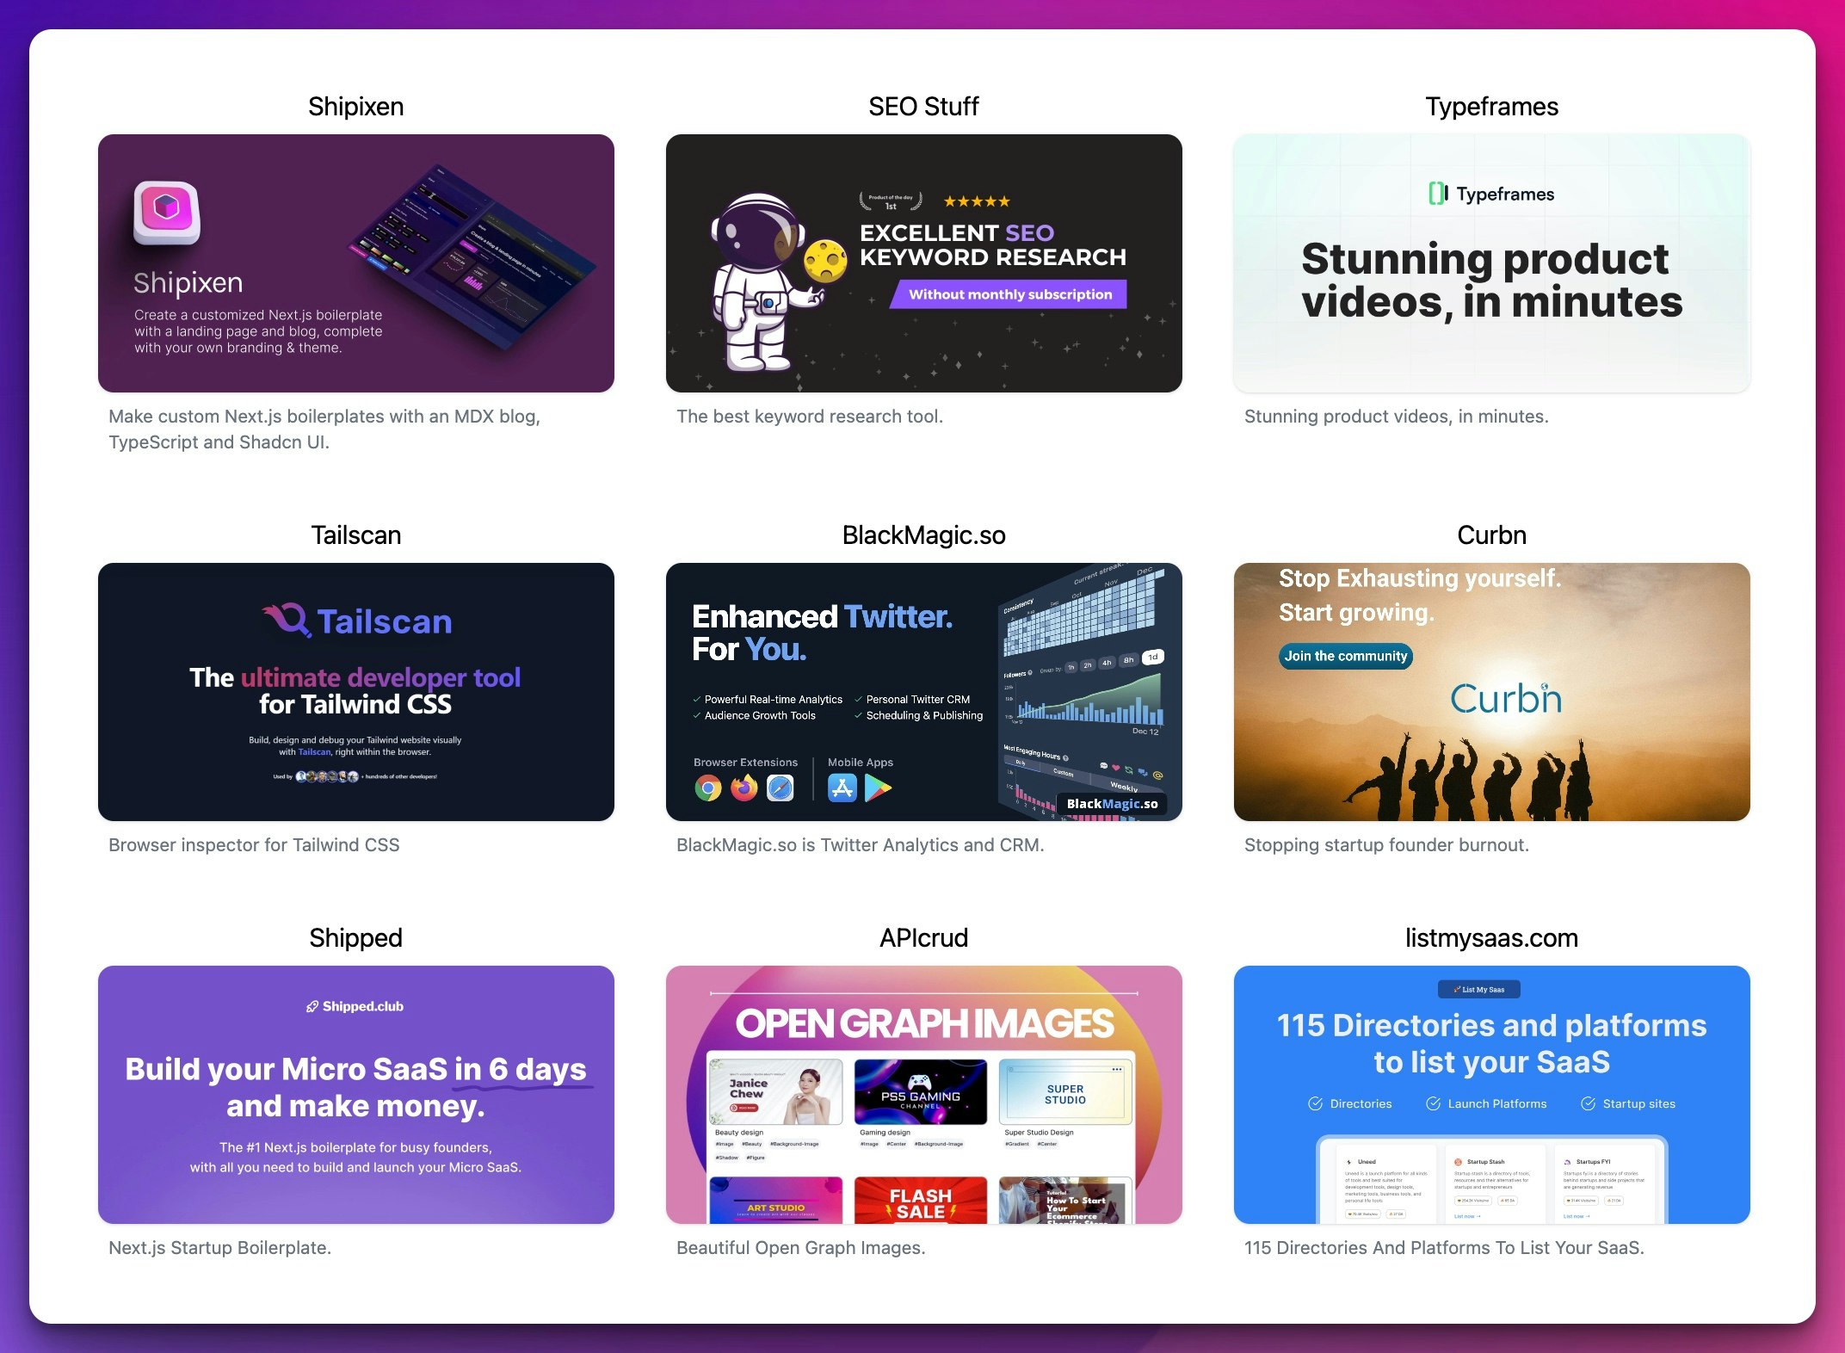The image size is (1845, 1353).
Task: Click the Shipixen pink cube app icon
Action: click(x=167, y=211)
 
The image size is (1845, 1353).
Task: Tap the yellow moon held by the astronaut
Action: click(x=825, y=260)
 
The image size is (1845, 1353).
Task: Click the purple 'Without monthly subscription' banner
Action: click(x=1010, y=294)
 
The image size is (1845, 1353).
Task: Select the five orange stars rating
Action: click(x=977, y=201)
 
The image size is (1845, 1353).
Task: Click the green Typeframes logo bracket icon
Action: click(x=1437, y=194)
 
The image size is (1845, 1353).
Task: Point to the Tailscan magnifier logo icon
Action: click(x=287, y=620)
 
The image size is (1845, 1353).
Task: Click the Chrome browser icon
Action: click(x=708, y=788)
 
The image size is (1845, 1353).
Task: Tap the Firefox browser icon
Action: click(x=744, y=788)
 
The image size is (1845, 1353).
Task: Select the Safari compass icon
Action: click(x=781, y=788)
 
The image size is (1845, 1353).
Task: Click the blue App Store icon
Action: click(x=842, y=788)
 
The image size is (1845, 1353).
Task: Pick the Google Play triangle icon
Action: click(x=877, y=788)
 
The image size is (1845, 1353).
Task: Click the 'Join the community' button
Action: click(x=1345, y=656)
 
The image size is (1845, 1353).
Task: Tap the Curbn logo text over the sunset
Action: click(x=1505, y=698)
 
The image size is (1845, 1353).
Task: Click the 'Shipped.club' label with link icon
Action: click(x=355, y=1006)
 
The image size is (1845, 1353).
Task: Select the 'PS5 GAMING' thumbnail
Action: click(x=920, y=1091)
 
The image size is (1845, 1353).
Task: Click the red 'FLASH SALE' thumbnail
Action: click(x=920, y=1201)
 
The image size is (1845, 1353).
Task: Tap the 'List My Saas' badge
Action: click(x=1478, y=990)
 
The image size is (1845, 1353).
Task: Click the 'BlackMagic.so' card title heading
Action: click(x=923, y=535)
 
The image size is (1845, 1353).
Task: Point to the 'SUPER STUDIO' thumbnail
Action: click(x=1065, y=1091)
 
